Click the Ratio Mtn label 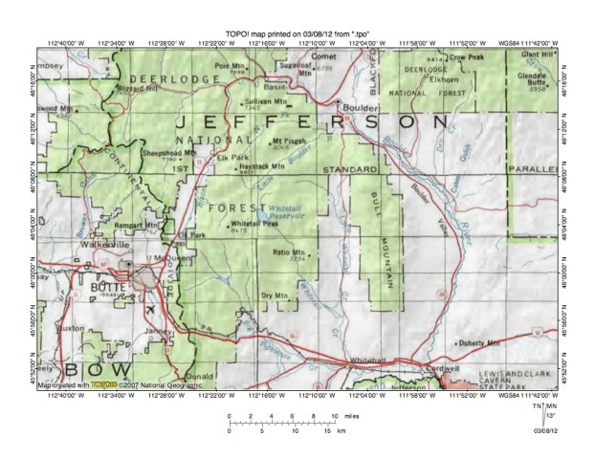[x=287, y=251]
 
